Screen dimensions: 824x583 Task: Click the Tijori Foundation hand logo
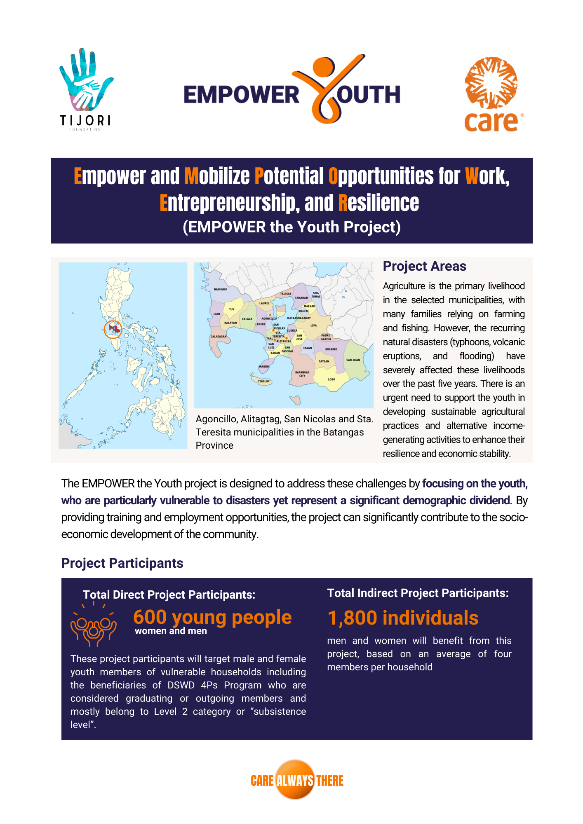click(86, 80)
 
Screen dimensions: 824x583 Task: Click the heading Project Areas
click(424, 266)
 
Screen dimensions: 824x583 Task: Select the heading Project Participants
click(122, 563)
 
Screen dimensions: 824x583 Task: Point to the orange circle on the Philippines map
click(113, 329)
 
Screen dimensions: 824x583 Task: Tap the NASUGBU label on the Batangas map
click(220, 289)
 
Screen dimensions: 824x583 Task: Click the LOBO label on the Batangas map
click(331, 379)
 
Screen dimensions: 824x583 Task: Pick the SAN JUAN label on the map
click(353, 360)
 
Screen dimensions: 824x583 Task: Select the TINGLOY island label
click(264, 381)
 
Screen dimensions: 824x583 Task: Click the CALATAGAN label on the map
click(219, 336)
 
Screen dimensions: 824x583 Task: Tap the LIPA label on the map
click(314, 325)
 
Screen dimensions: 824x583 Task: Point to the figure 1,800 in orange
click(352, 618)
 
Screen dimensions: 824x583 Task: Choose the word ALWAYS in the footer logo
click(295, 780)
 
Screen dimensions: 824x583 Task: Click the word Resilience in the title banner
click(378, 203)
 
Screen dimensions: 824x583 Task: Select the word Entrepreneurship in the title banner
click(229, 203)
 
